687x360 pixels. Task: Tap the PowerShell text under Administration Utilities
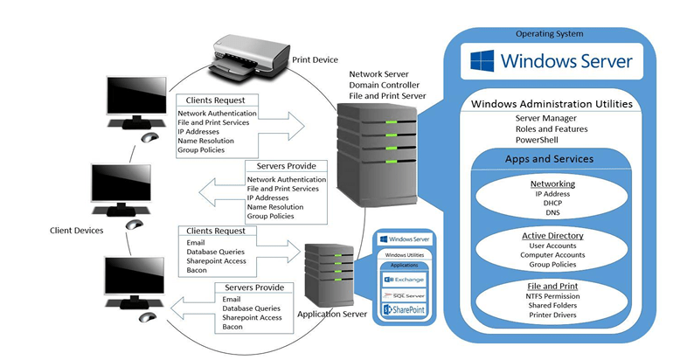538,139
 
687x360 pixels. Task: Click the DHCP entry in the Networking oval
552,203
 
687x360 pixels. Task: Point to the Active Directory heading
552,236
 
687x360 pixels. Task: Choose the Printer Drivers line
552,315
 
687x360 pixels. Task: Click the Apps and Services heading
549,160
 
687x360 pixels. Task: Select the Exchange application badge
404,280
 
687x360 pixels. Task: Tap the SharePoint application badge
404,310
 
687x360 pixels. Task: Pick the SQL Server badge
404,295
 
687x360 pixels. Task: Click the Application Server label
332,314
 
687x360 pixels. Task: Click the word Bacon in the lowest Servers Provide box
233,326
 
